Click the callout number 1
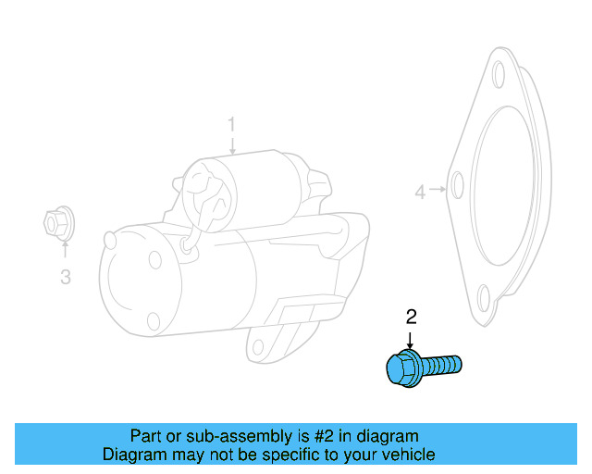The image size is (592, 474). tap(232, 124)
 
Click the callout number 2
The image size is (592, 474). tap(412, 318)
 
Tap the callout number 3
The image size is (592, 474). tap(65, 276)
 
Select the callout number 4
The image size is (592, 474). tap(420, 193)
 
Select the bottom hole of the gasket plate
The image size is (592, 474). tap(481, 296)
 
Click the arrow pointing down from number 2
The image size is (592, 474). tap(412, 339)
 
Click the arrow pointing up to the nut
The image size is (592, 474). tap(65, 249)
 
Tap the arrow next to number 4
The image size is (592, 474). tap(438, 191)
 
